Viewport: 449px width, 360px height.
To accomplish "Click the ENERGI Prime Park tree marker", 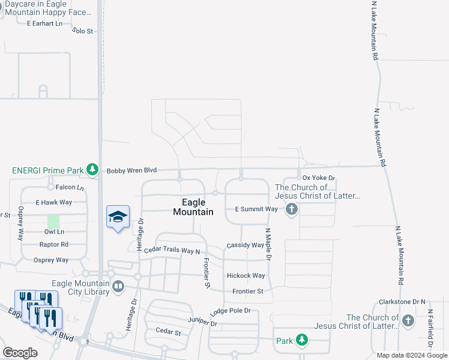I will pyautogui.click(x=92, y=170).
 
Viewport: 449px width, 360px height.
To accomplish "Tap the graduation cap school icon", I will pyautogui.click(x=118, y=217).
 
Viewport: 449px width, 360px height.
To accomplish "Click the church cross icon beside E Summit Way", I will pyautogui.click(x=292, y=209).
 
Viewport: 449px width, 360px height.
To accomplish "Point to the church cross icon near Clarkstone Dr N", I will pyautogui.click(x=408, y=320).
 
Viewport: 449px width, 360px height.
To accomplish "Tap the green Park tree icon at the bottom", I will pyautogui.click(x=302, y=341).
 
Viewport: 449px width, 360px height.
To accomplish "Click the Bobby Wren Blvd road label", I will pyautogui.click(x=131, y=170).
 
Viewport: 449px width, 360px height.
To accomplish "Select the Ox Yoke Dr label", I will pyautogui.click(x=318, y=178).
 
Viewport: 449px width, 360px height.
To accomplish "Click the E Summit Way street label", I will pyautogui.click(x=256, y=209).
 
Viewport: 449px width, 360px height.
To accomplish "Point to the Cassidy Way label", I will pyautogui.click(x=245, y=245).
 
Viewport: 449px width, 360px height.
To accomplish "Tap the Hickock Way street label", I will pyautogui.click(x=246, y=275).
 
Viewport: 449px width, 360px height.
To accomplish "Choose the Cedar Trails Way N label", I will pyautogui.click(x=172, y=250).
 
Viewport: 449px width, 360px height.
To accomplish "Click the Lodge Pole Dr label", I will pyautogui.click(x=231, y=312).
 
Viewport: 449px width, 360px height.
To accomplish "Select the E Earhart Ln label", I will pyautogui.click(x=44, y=23).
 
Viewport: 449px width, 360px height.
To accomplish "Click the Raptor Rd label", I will pyautogui.click(x=54, y=244).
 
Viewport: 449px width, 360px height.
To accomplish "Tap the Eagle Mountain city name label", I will pyautogui.click(x=193, y=208).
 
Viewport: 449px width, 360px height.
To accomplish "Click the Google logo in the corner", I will pyautogui.click(x=20, y=352).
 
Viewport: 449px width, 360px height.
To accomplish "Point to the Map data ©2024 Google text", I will pyautogui.click(x=411, y=355).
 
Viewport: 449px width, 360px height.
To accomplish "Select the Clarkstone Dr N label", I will pyautogui.click(x=402, y=301).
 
